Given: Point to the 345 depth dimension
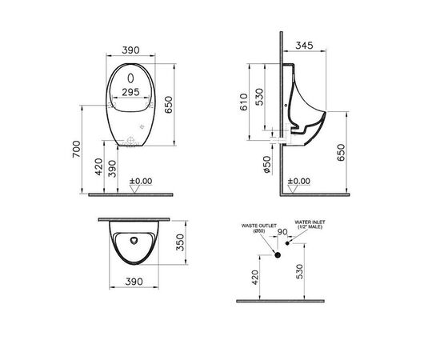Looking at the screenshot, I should (302, 46).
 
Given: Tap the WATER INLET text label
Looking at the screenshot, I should (311, 224).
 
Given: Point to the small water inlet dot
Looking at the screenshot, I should (290, 243).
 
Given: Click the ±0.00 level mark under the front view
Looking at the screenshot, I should (140, 182).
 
